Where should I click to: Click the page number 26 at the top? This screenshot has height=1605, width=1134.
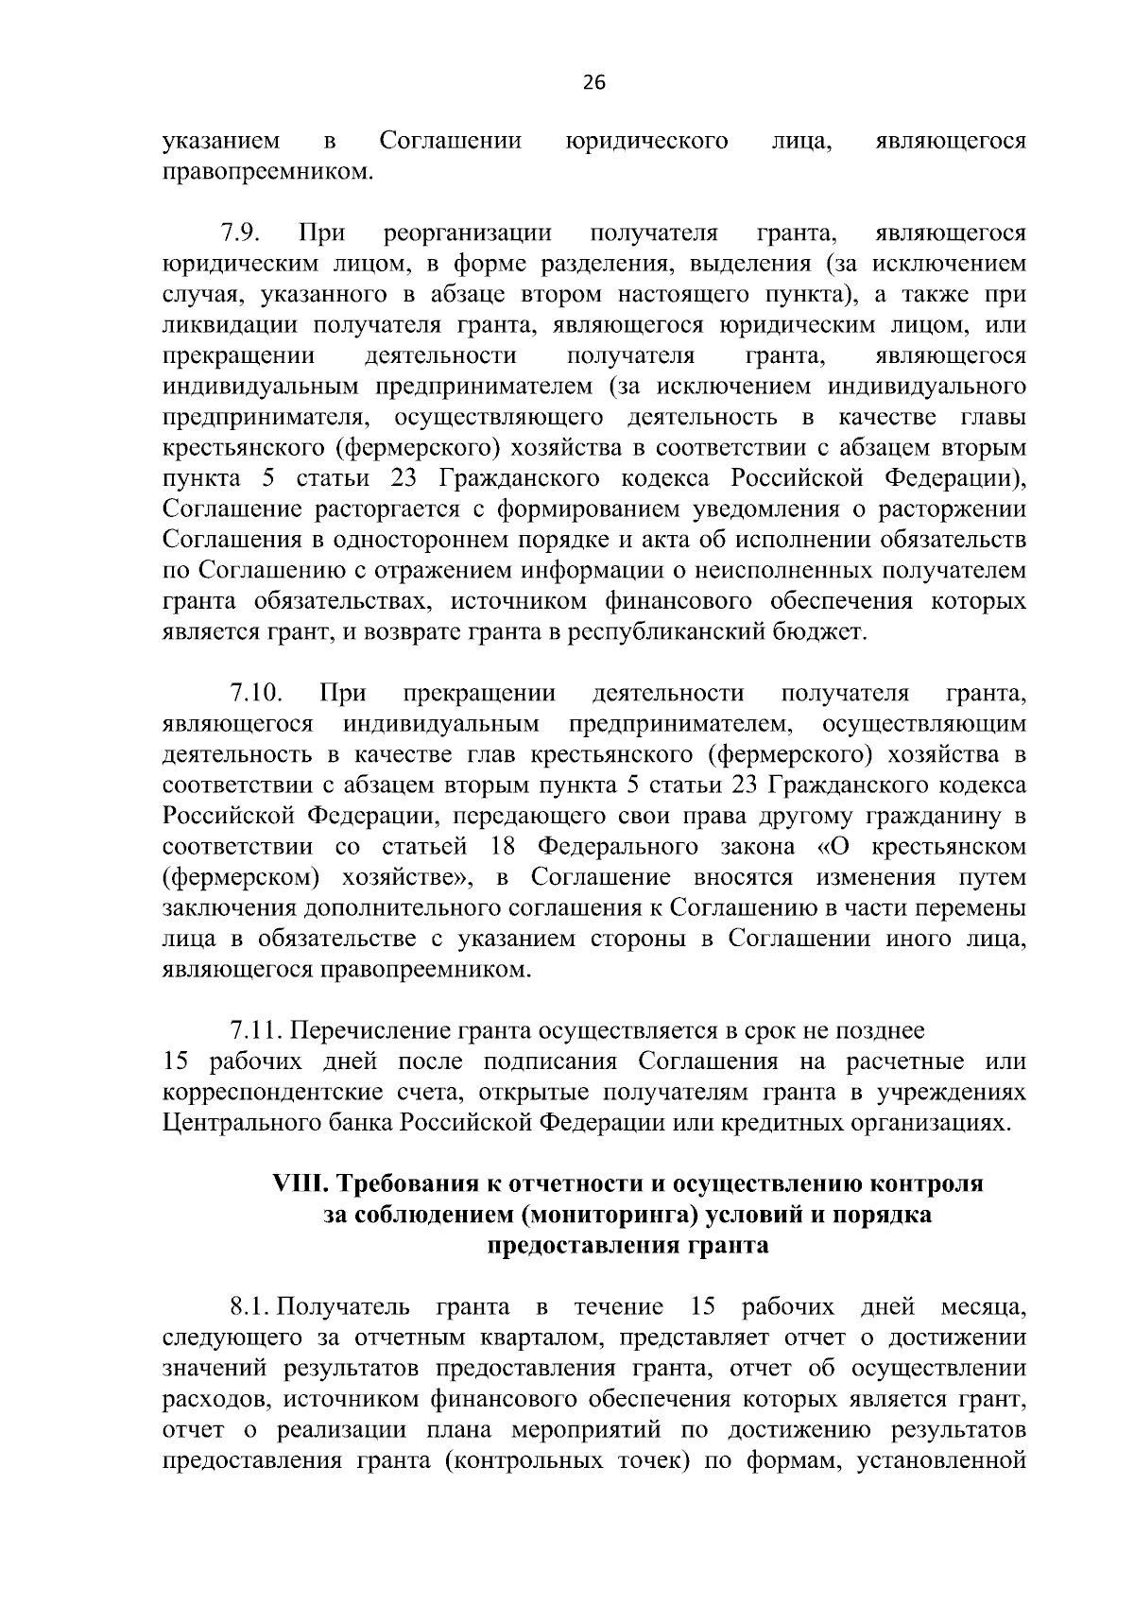593,82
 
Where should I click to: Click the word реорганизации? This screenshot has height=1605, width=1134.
468,233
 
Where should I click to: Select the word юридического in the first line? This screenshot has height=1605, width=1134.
646,142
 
